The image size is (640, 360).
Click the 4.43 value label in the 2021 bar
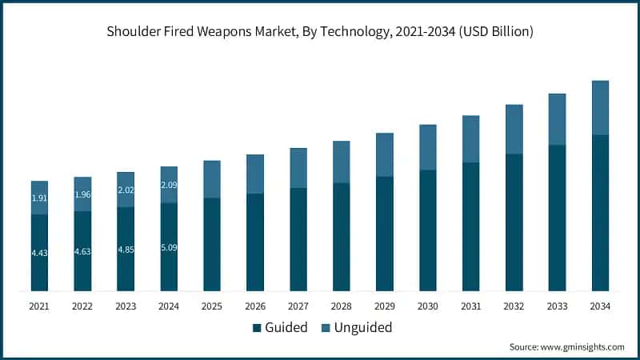pos(39,254)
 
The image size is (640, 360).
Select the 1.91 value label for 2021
pos(39,198)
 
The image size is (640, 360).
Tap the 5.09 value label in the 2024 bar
pos(169,247)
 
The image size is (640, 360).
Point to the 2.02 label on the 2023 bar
pos(126,190)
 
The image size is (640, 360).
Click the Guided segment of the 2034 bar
pos(600,212)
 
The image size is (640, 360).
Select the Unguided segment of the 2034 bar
pos(600,107)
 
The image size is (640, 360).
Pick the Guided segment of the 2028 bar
pos(342,236)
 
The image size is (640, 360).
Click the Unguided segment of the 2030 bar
pos(428,147)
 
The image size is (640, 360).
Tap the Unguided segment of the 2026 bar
pos(255,174)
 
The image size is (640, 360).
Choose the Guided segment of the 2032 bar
pos(514,222)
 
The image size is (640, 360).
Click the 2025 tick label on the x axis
pos(212,306)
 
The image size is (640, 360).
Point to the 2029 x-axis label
pos(385,306)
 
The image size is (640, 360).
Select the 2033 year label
pos(557,306)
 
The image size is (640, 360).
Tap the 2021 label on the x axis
pos(39,306)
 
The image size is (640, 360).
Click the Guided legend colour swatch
pos(257,327)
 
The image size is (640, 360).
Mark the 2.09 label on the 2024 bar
pos(169,185)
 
